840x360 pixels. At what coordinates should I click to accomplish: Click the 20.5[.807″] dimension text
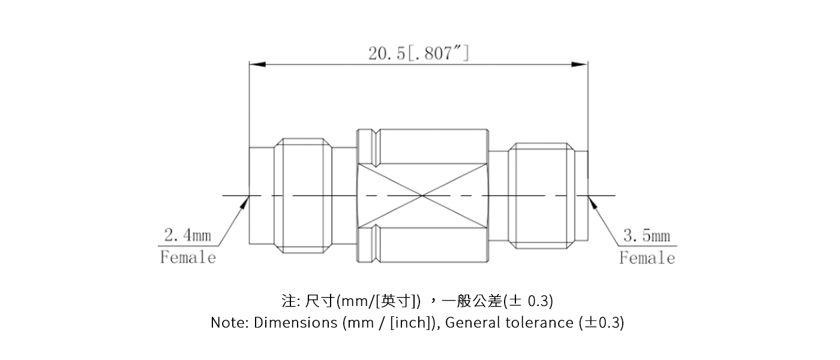tap(418, 53)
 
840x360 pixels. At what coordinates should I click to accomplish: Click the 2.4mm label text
tap(187, 235)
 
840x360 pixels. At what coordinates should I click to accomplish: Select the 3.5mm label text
tap(646, 236)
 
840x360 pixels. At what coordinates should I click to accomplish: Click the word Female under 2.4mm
tap(188, 257)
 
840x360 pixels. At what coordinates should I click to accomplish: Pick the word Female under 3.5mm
tap(647, 258)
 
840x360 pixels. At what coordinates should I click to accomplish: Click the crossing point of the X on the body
tap(422, 196)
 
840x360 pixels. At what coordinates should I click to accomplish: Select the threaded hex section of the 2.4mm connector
tap(304, 196)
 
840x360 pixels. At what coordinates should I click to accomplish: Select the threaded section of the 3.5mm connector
tap(538, 196)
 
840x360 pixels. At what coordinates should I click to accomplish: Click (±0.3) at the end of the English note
tap(602, 323)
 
